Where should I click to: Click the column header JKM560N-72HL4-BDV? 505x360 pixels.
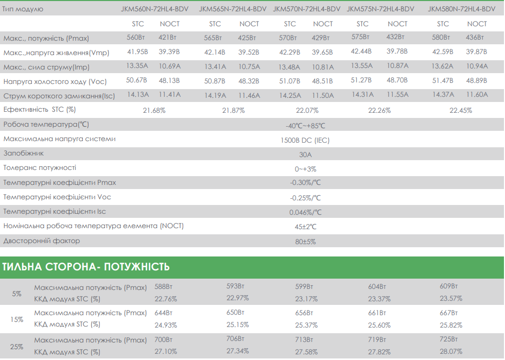point(154,9)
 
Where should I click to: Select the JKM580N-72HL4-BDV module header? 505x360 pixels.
point(462,9)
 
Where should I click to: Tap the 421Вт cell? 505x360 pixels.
point(167,38)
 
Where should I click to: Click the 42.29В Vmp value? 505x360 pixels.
point(289,52)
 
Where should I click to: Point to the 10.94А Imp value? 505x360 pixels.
point(477,66)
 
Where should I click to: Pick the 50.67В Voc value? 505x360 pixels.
point(136,80)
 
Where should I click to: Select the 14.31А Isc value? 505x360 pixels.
point(362,94)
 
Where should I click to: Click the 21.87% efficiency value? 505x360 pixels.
point(234,111)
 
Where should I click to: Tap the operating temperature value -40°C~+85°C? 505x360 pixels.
point(305,126)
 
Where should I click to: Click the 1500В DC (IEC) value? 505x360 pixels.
point(305,140)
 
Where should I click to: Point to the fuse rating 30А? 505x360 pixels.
point(305,155)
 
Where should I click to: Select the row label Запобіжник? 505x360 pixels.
point(24,153)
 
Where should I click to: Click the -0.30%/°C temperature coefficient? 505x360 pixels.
point(305,183)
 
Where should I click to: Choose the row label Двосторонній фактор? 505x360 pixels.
point(42,241)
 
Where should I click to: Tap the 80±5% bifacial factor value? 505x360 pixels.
point(305,242)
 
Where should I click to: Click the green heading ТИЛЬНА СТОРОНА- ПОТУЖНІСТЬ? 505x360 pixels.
point(86,267)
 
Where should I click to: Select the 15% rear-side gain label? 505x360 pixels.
point(17,319)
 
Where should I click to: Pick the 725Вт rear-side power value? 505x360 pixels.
point(449,339)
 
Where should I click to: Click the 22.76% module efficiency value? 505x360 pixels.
point(166,299)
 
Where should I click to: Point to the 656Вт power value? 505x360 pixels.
point(304,313)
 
